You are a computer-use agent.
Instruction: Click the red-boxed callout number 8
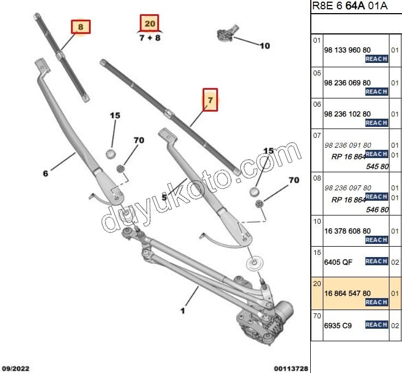coord(81,26)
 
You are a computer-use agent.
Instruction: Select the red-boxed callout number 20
coord(149,23)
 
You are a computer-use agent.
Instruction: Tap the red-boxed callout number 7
coord(210,100)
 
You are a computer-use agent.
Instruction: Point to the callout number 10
coord(264,46)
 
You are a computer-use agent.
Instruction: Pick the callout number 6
coord(46,173)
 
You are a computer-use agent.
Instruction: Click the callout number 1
coord(182,311)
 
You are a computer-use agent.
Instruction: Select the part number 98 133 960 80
coord(347,49)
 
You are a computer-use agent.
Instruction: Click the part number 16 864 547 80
coord(347,293)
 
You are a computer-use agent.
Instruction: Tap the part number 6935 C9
coord(338,325)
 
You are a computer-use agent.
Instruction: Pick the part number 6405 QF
coord(338,262)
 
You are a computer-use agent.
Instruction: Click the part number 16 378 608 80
coord(347,231)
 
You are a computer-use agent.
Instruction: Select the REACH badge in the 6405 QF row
coord(376,261)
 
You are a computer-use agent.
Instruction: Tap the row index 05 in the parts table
coord(317,72)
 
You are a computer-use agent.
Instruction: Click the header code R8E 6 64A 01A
coord(350,6)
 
